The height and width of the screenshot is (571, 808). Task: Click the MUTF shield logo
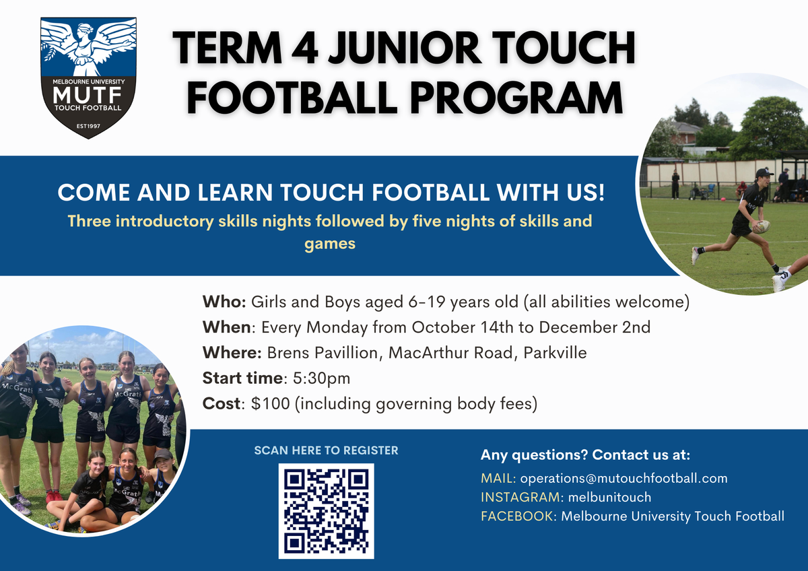pyautogui.click(x=88, y=77)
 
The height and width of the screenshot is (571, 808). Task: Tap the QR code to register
pyautogui.click(x=326, y=511)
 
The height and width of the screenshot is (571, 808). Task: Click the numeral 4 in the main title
pyautogui.click(x=305, y=48)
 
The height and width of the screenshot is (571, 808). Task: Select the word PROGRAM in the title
pyautogui.click(x=516, y=98)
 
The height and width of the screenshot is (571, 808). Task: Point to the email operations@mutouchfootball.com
pyautogui.click(x=624, y=478)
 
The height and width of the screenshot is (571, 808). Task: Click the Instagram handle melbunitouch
pyautogui.click(x=609, y=497)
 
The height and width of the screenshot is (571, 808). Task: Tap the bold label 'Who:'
pyautogui.click(x=224, y=302)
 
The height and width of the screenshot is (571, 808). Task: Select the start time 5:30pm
pyautogui.click(x=321, y=378)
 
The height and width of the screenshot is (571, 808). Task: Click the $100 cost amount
pyautogui.click(x=271, y=403)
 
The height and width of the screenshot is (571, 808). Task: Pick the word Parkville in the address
pyautogui.click(x=555, y=353)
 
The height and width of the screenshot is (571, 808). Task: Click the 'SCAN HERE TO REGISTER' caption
pyautogui.click(x=326, y=450)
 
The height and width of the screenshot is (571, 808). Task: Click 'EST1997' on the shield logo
pyautogui.click(x=88, y=126)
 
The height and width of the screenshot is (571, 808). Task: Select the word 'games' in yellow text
pyautogui.click(x=330, y=244)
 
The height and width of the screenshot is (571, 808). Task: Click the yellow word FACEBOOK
pyautogui.click(x=516, y=516)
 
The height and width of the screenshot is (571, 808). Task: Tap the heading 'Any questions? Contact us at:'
pyautogui.click(x=585, y=455)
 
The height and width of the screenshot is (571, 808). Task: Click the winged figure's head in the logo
pyautogui.click(x=86, y=29)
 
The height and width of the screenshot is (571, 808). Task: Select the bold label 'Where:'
pyautogui.click(x=232, y=353)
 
